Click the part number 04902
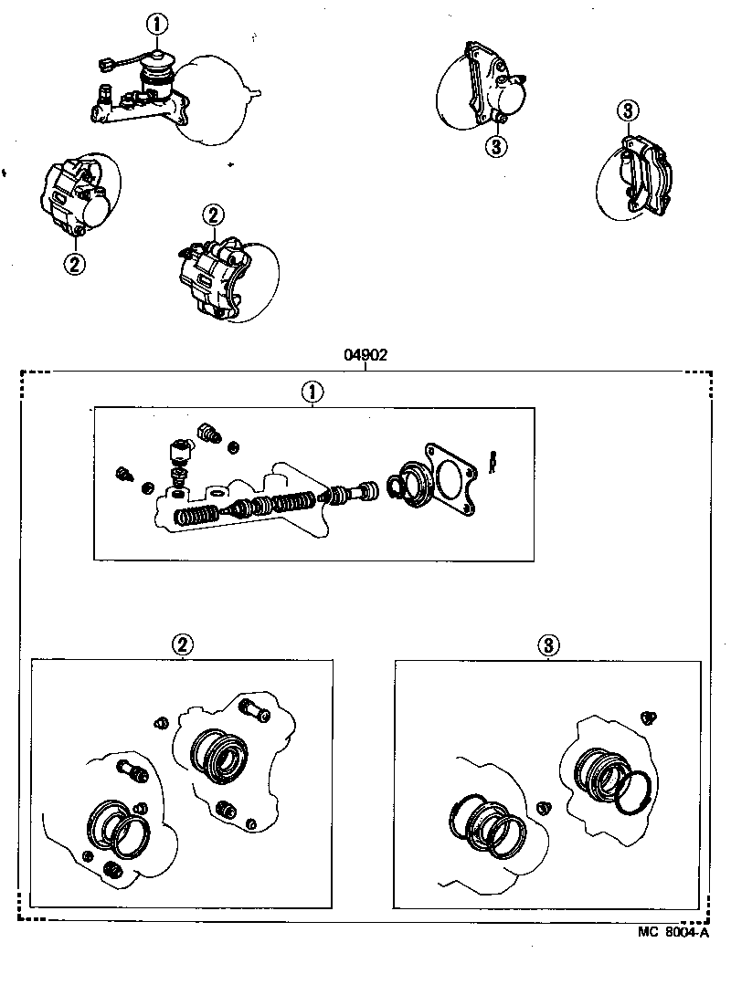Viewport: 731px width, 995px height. (365, 355)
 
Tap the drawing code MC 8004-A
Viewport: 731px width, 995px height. (674, 932)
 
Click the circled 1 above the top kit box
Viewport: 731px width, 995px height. (312, 392)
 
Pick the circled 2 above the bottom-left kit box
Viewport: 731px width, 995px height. (183, 644)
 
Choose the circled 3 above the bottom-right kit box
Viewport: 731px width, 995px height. (547, 645)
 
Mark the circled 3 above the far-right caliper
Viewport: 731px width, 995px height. (627, 111)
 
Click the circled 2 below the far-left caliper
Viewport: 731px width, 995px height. (74, 264)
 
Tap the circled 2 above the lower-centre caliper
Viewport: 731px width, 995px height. (212, 216)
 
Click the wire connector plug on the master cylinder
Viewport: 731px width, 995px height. (105, 64)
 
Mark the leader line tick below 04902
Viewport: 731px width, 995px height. (365, 367)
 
